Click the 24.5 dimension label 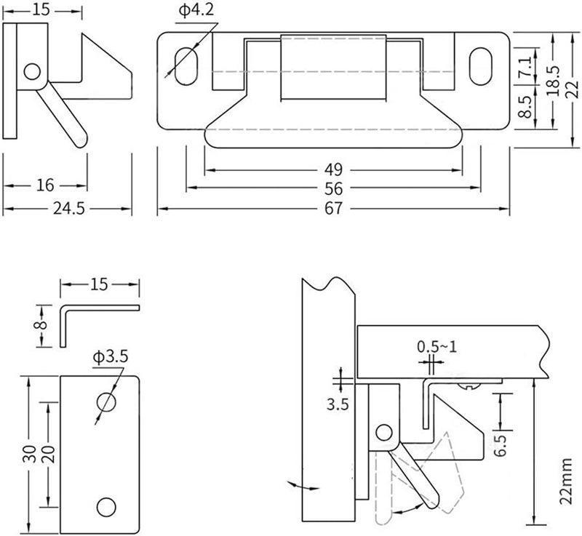coord(68,209)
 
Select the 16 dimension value coord(44,186)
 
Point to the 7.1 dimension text coord(524,73)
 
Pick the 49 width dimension coord(333,170)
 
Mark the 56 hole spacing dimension coord(333,188)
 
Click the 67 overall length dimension coord(333,209)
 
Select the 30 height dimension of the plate coord(28,454)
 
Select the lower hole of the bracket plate coord(107,506)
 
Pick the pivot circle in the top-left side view coord(31,71)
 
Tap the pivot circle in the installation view coord(380,434)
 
